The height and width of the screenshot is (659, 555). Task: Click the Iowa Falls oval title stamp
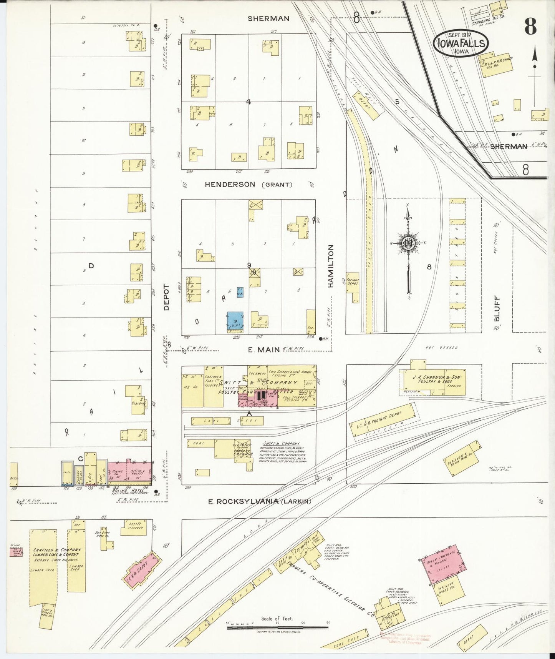[x=461, y=43]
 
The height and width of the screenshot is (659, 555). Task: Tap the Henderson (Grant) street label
[x=249, y=185]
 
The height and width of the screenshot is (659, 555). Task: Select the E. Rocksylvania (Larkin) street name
[x=259, y=501]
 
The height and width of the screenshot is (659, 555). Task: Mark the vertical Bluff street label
[x=497, y=308]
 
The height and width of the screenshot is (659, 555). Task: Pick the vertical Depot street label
[x=166, y=297]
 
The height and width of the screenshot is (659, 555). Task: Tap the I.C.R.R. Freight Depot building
[x=383, y=421]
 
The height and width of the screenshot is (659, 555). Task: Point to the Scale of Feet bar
[x=277, y=628]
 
